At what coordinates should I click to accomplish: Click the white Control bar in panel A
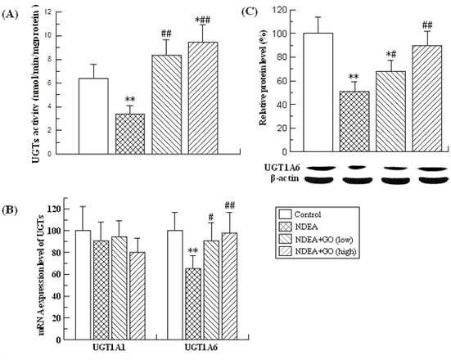(x=92, y=115)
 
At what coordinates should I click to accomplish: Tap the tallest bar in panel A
(x=203, y=97)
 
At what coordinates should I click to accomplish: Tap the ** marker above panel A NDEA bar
(x=129, y=100)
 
